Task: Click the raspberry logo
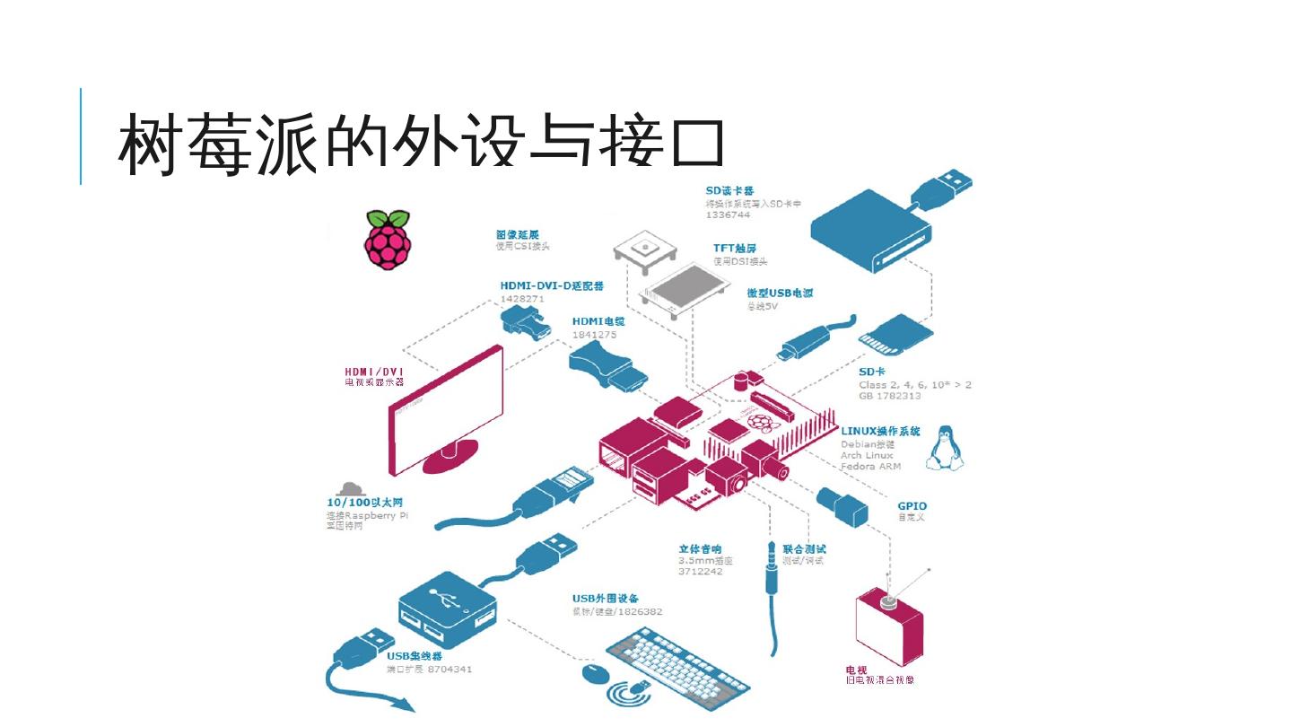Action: pyautogui.click(x=388, y=240)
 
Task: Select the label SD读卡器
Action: pyautogui.click(x=729, y=190)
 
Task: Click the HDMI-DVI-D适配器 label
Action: pyautogui.click(x=551, y=285)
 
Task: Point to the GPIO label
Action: pyautogui.click(x=912, y=506)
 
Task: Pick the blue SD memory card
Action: pyautogui.click(x=896, y=339)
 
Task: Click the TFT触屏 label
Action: pyautogui.click(x=735, y=249)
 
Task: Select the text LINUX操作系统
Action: pyautogui.click(x=880, y=431)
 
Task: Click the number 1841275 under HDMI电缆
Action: pyautogui.click(x=595, y=335)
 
